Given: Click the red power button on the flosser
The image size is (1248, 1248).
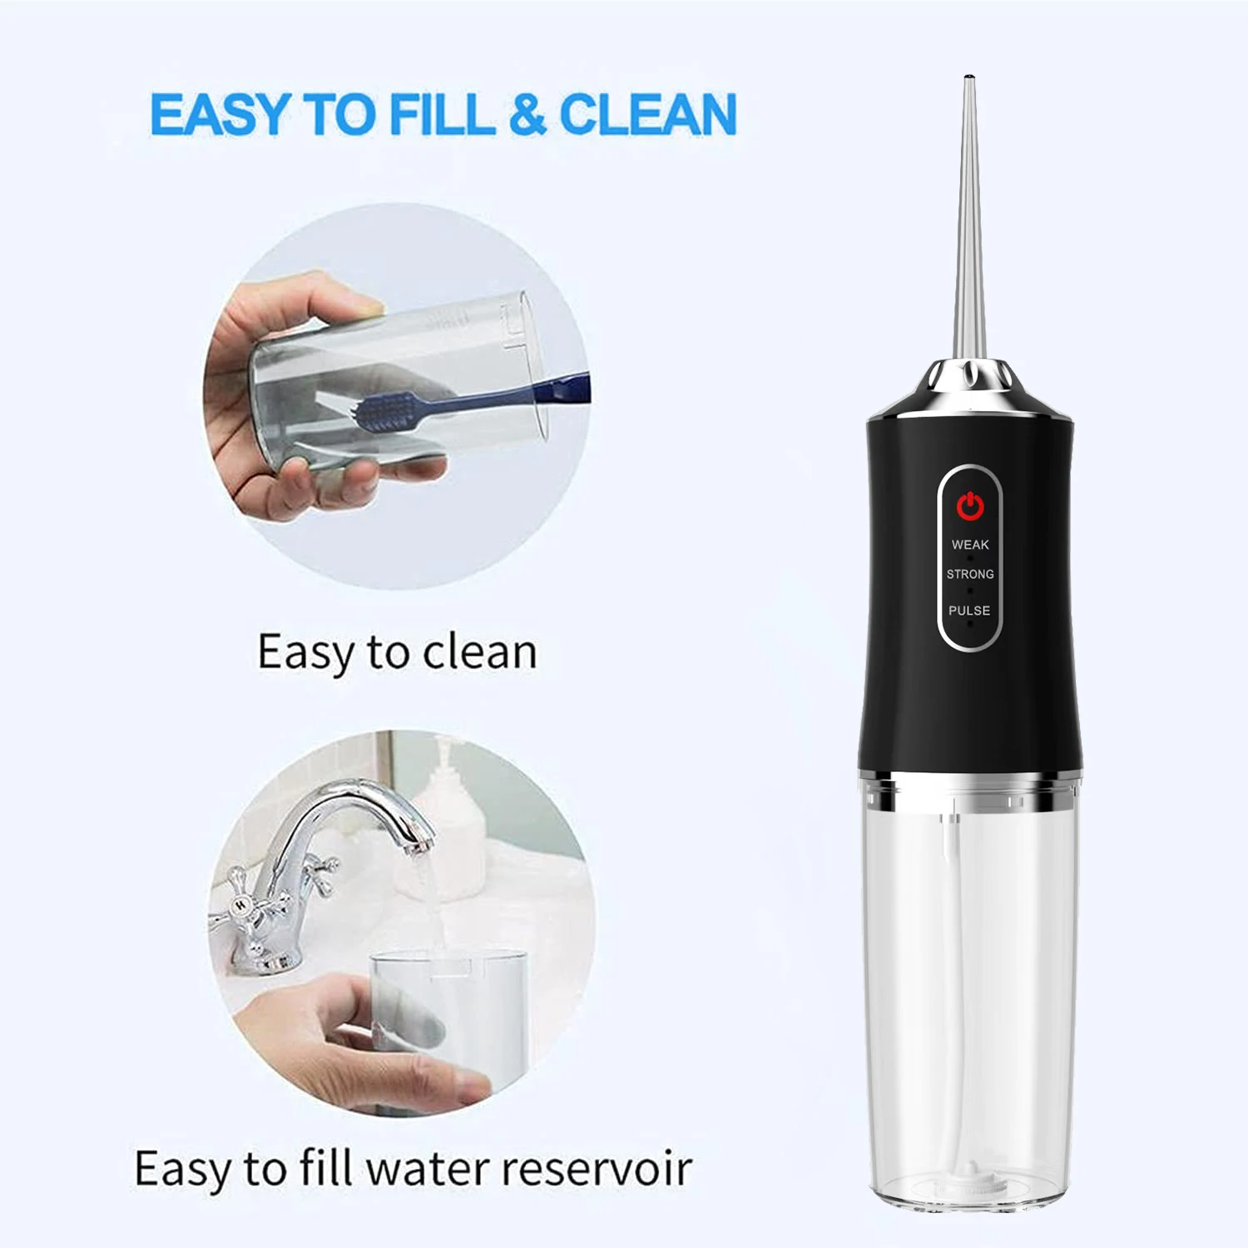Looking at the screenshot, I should point(970,505).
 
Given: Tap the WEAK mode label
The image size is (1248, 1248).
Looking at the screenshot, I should point(970,545).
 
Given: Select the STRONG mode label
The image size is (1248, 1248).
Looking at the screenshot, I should point(970,574).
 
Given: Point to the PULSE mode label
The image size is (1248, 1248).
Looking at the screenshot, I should point(970,611).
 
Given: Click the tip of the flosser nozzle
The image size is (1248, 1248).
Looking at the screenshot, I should point(968,80).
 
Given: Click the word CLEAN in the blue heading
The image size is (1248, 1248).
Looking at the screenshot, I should point(648,114).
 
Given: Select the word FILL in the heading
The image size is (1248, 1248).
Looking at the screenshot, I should point(441,114).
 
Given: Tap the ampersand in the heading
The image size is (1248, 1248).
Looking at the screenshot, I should point(527,114).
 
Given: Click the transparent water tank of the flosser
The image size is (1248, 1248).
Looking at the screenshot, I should point(970,998).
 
